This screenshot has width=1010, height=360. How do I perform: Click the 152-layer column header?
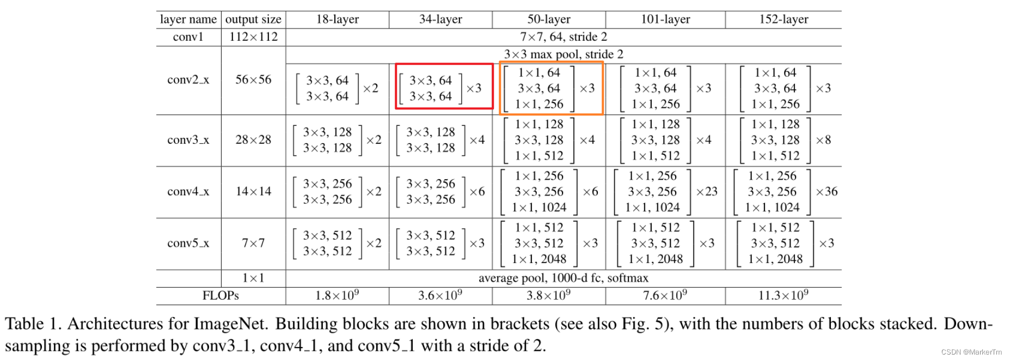[783, 20]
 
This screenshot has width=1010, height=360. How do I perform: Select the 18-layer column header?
[338, 20]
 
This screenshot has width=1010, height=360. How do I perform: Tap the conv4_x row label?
[188, 192]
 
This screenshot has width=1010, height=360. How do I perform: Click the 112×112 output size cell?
[253, 37]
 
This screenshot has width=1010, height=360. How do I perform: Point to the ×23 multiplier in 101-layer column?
[707, 192]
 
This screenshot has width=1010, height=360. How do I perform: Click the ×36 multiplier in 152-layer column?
[827, 192]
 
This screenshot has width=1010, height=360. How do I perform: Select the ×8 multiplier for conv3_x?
[823, 140]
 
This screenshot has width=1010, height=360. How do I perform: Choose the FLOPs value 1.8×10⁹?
[337, 296]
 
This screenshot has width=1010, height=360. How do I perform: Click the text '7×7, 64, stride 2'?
[564, 37]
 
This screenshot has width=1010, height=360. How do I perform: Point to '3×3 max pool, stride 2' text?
[564, 54]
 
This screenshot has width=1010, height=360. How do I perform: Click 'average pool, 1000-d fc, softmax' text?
[564, 278]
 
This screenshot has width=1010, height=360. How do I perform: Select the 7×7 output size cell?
[253, 243]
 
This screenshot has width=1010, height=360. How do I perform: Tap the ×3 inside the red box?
[474, 88]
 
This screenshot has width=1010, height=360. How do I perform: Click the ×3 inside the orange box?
[587, 88]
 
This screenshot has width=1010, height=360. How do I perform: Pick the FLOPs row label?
[221, 296]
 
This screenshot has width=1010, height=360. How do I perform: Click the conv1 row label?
[188, 37]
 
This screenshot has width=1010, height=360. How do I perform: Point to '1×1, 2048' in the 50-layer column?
[539, 259]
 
